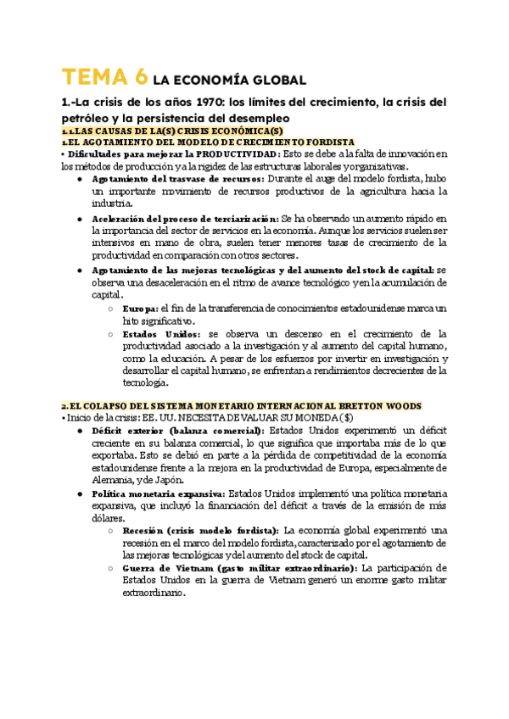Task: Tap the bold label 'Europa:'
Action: pyautogui.click(x=140, y=308)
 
